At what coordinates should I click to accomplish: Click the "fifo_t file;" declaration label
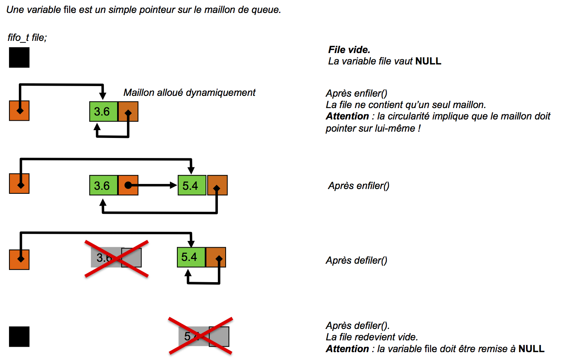27,38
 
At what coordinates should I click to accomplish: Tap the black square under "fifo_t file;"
19,57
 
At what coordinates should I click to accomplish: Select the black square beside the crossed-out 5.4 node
19,336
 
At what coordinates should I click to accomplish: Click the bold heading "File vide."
349,50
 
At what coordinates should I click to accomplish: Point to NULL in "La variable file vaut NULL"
428,61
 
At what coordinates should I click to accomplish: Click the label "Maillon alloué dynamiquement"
189,93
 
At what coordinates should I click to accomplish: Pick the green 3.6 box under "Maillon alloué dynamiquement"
103,111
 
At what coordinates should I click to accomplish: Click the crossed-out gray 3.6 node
116,257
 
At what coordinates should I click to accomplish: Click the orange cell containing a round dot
128,185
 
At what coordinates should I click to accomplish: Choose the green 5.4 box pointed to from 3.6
192,185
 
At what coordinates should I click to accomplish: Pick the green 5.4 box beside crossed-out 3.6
191,257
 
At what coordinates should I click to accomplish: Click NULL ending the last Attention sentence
532,349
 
